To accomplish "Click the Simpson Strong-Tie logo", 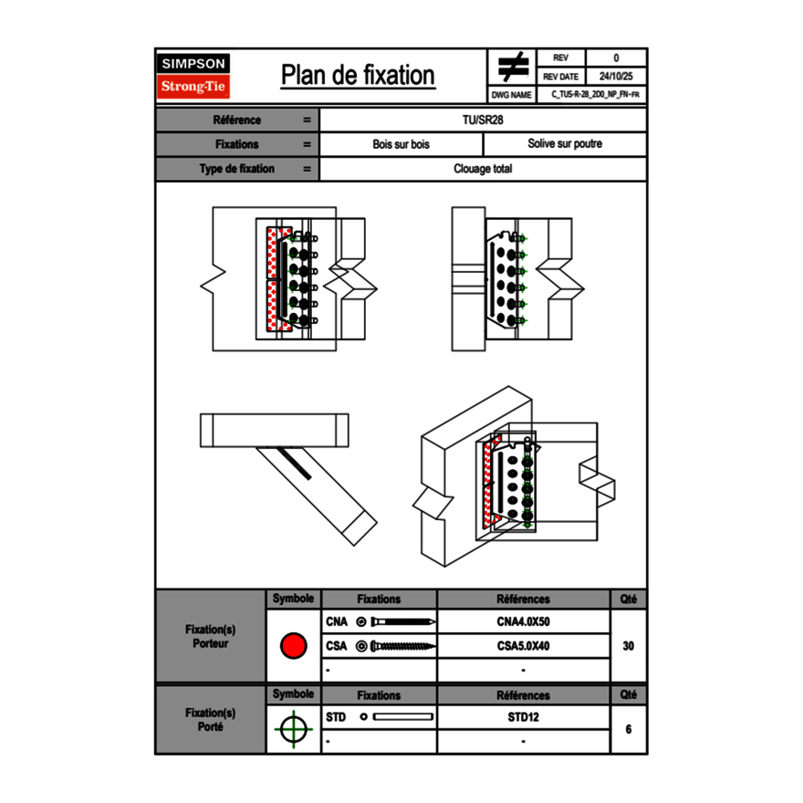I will (193, 76).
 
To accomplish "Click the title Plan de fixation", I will (358, 76).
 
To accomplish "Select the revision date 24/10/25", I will (616, 77).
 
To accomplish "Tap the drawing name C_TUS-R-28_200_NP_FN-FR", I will (594, 94).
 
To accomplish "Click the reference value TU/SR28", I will (483, 120).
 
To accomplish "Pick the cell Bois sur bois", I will (401, 144).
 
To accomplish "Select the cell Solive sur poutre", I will (564, 144).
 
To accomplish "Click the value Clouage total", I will (483, 169).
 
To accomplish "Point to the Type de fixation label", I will (236, 169).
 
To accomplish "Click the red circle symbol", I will (293, 646).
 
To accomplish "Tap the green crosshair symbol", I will (293, 729).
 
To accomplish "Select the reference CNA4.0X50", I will (523, 622).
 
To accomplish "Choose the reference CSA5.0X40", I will (523, 646).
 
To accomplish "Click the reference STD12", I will (523, 717).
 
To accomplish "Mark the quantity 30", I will (628, 646).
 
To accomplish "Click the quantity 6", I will (628, 729).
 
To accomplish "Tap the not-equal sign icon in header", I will (513, 68).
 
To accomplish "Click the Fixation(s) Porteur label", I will (210, 636).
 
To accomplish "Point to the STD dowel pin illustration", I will (402, 717).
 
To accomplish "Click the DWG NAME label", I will (511, 94).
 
